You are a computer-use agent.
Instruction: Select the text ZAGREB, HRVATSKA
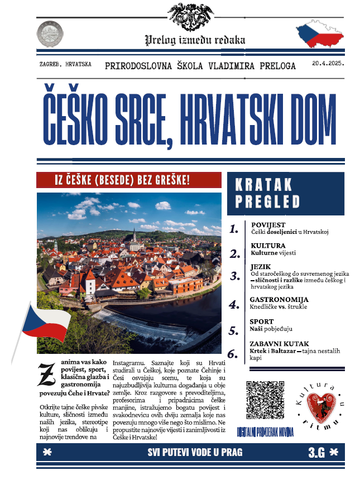tap(66, 65)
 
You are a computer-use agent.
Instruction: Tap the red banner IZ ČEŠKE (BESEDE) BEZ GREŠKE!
tap(122, 180)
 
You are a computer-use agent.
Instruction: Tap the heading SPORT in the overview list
tap(262, 321)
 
